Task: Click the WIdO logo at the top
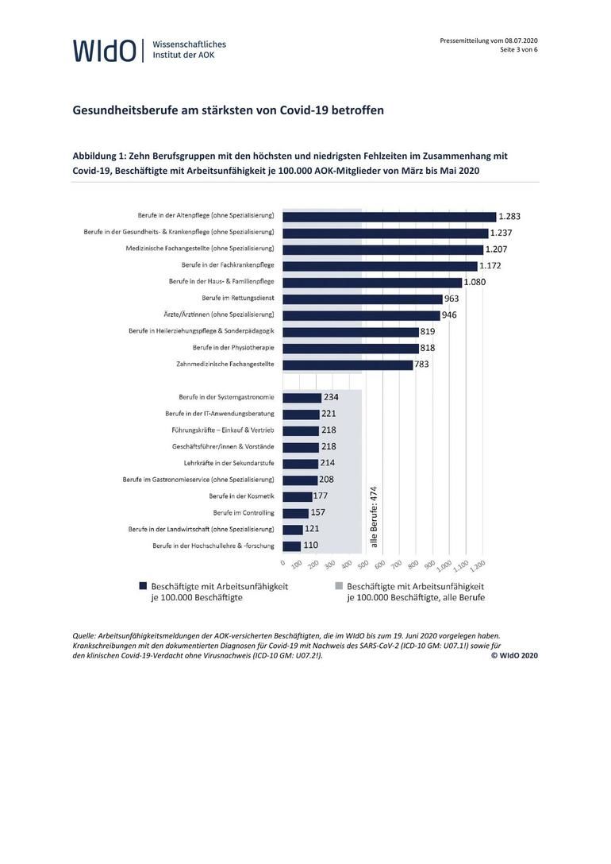coord(105,50)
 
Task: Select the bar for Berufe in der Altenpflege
coord(390,216)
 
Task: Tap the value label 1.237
coord(501,233)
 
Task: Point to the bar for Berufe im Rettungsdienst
coord(363,299)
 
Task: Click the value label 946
coord(449,315)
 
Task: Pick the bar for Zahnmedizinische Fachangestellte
coord(348,364)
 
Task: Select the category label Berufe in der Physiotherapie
coord(233,348)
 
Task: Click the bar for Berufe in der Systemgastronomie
coord(302,397)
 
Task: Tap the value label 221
coord(329,413)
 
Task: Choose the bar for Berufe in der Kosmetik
coord(298,496)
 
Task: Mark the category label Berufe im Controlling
coord(244,512)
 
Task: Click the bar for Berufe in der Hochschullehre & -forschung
coord(292,546)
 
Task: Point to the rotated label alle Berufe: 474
coord(374,517)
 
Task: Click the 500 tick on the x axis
coord(363,565)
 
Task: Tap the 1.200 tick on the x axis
coord(478,565)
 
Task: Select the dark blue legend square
coord(143,586)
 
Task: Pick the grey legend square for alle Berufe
coord(339,586)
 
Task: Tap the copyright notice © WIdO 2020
coord(515,655)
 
